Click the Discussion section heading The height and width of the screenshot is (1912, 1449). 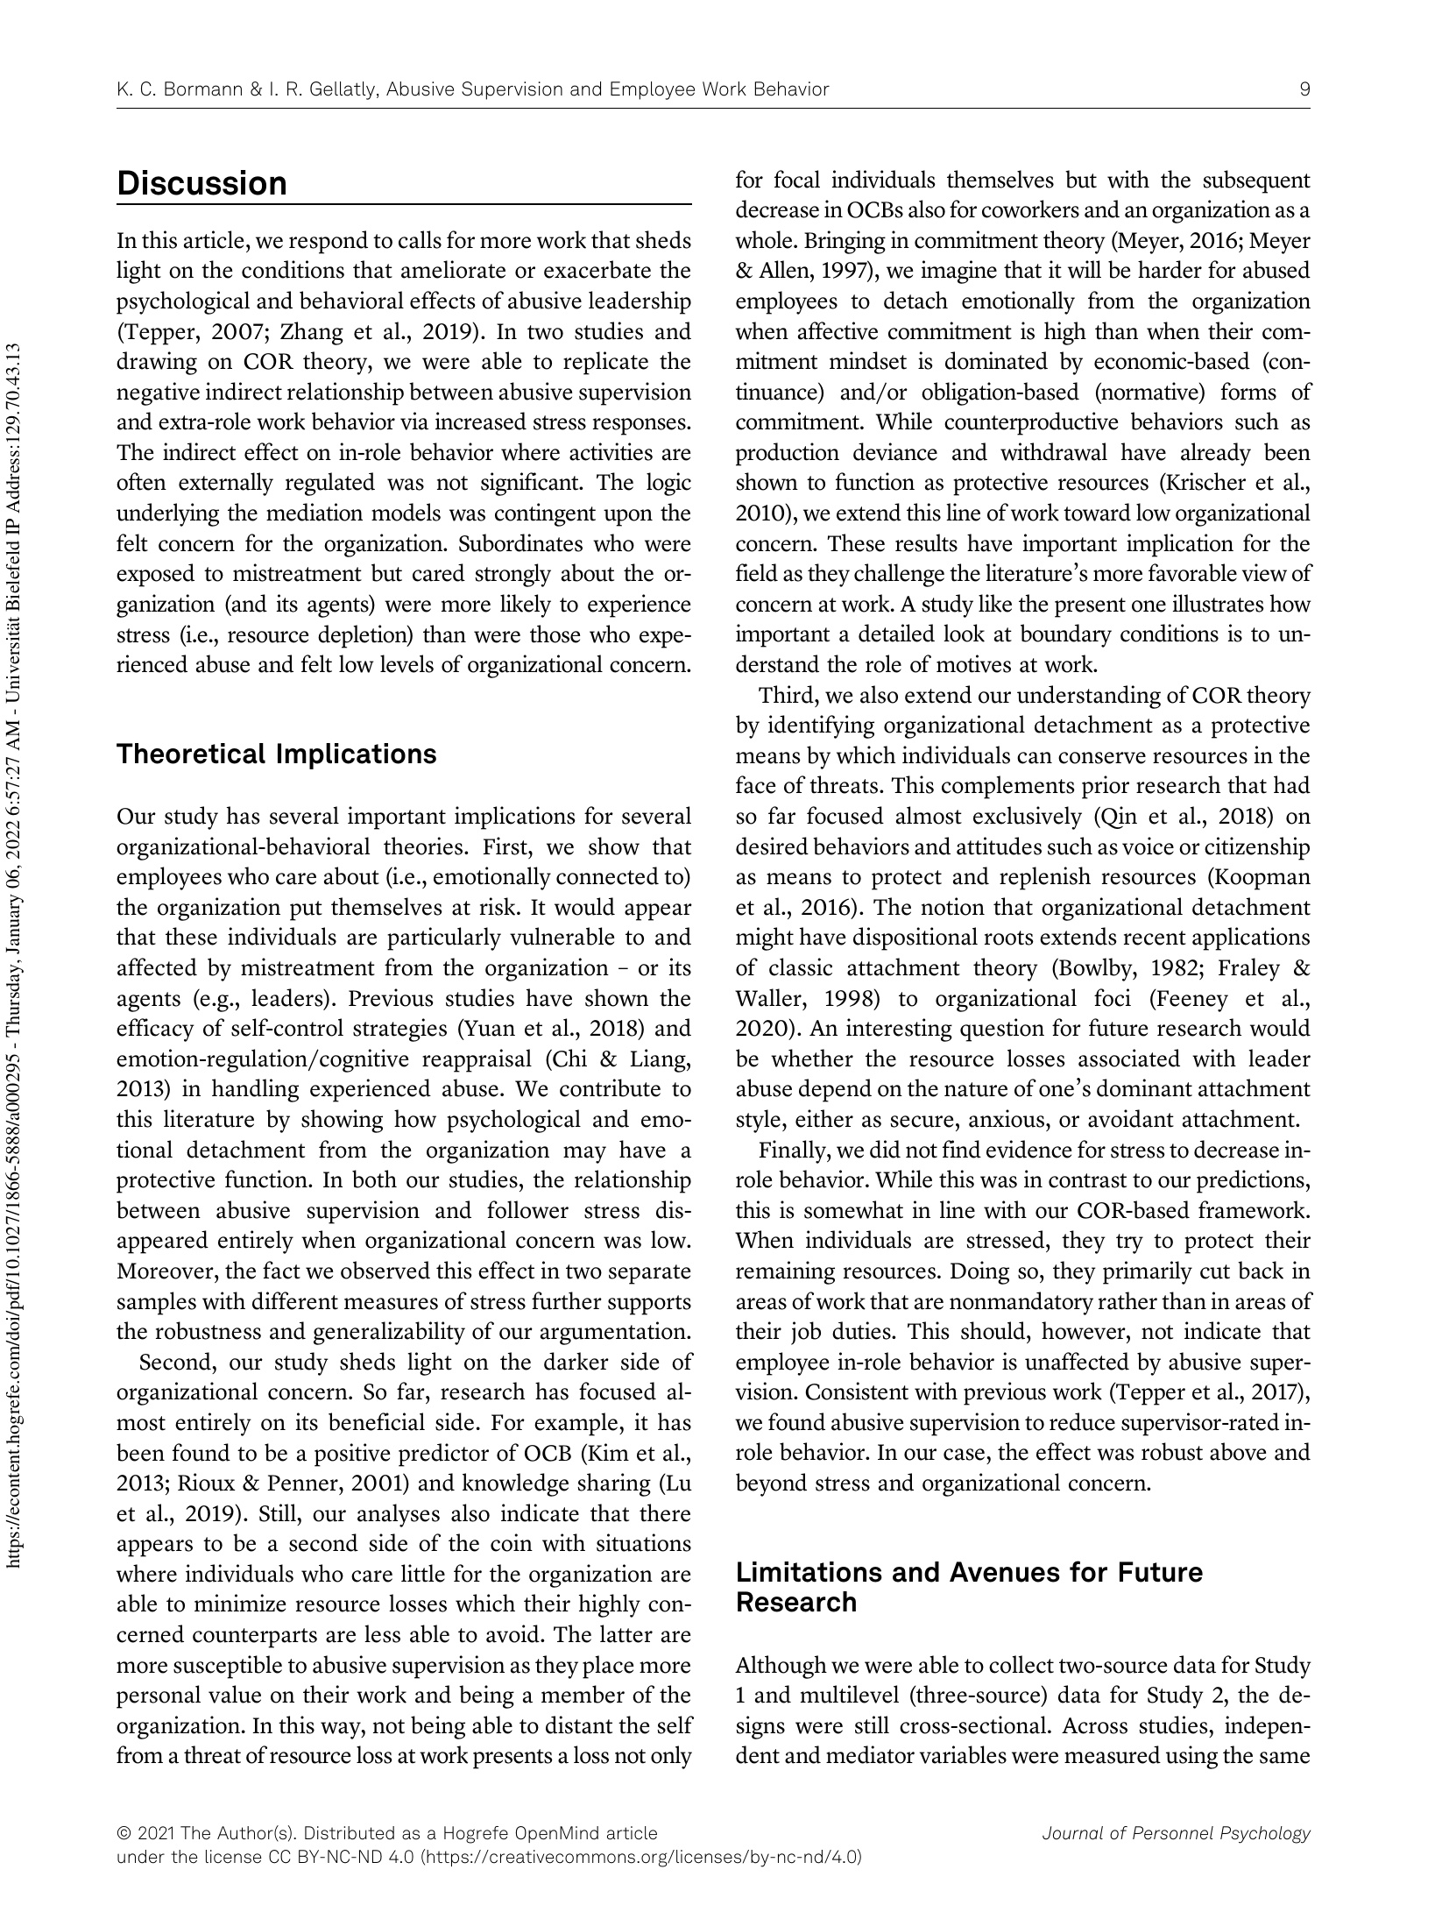pyautogui.click(x=201, y=184)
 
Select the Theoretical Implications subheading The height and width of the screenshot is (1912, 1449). pyautogui.click(x=276, y=754)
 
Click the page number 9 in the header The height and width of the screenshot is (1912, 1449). pyautogui.click(x=1304, y=89)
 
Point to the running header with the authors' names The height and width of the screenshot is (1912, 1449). pyautogui.click(x=472, y=89)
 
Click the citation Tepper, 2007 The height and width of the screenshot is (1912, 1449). pyautogui.click(x=175, y=332)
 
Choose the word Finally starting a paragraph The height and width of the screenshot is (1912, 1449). pyautogui.click(x=790, y=1150)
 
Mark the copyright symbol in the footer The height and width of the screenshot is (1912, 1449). pyautogui.click(x=123, y=1833)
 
